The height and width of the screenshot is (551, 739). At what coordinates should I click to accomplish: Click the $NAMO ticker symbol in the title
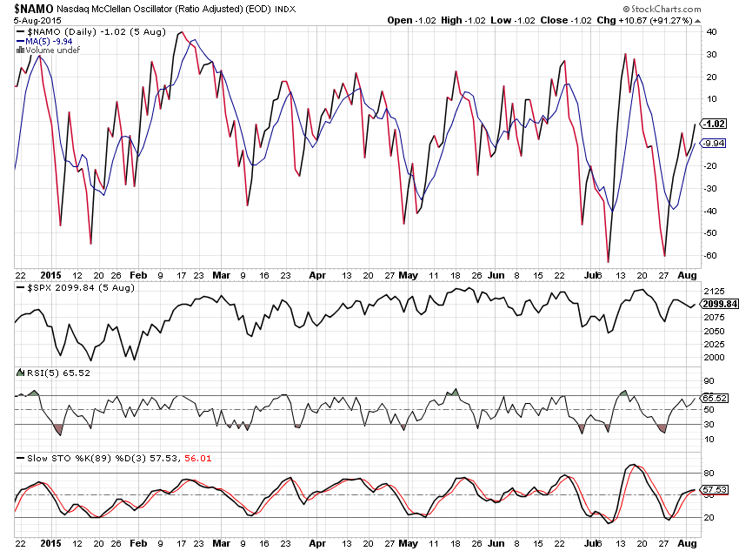coord(34,8)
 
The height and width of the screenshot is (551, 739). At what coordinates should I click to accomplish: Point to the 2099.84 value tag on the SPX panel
coord(719,304)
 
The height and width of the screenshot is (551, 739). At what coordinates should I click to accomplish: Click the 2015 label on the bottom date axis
coord(54,542)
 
